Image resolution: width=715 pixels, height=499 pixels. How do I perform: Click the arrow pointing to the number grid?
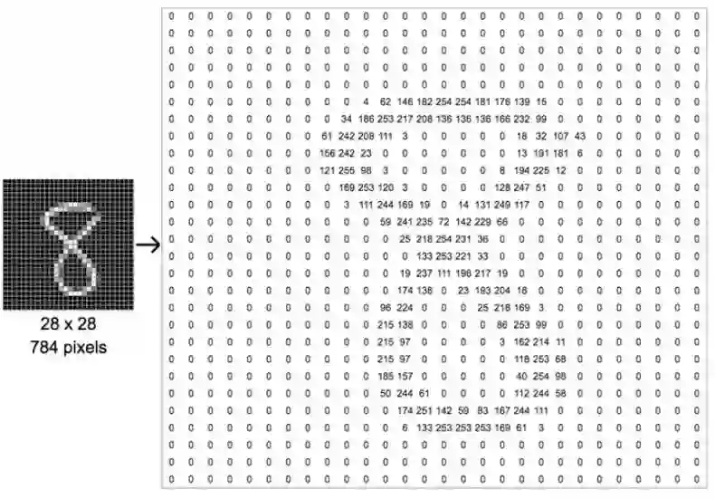tap(148, 245)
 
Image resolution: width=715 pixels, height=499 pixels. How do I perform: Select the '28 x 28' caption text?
tap(68, 323)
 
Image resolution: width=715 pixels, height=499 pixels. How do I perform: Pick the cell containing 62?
tap(386, 101)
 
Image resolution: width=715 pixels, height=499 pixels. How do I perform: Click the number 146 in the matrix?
tap(405, 101)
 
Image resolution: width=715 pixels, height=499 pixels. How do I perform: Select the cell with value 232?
tap(521, 119)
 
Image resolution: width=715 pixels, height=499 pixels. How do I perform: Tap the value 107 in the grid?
tap(560, 136)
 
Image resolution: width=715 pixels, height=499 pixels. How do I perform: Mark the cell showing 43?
tap(580, 136)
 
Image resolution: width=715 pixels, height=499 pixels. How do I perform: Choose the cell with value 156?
tap(328, 153)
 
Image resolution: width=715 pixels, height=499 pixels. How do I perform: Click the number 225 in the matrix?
tap(541, 169)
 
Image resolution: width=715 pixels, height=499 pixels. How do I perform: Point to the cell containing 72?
tap(443, 221)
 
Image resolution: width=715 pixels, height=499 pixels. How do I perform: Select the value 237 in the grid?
tap(424, 273)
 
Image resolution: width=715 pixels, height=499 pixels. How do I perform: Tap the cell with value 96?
tap(386, 307)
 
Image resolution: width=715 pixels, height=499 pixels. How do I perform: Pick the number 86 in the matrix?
tap(502, 323)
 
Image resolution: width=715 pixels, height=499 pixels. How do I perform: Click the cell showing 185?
tap(386, 375)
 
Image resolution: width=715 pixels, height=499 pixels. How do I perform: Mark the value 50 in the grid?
tap(386, 392)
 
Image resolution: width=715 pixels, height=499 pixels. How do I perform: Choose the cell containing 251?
tap(424, 409)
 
